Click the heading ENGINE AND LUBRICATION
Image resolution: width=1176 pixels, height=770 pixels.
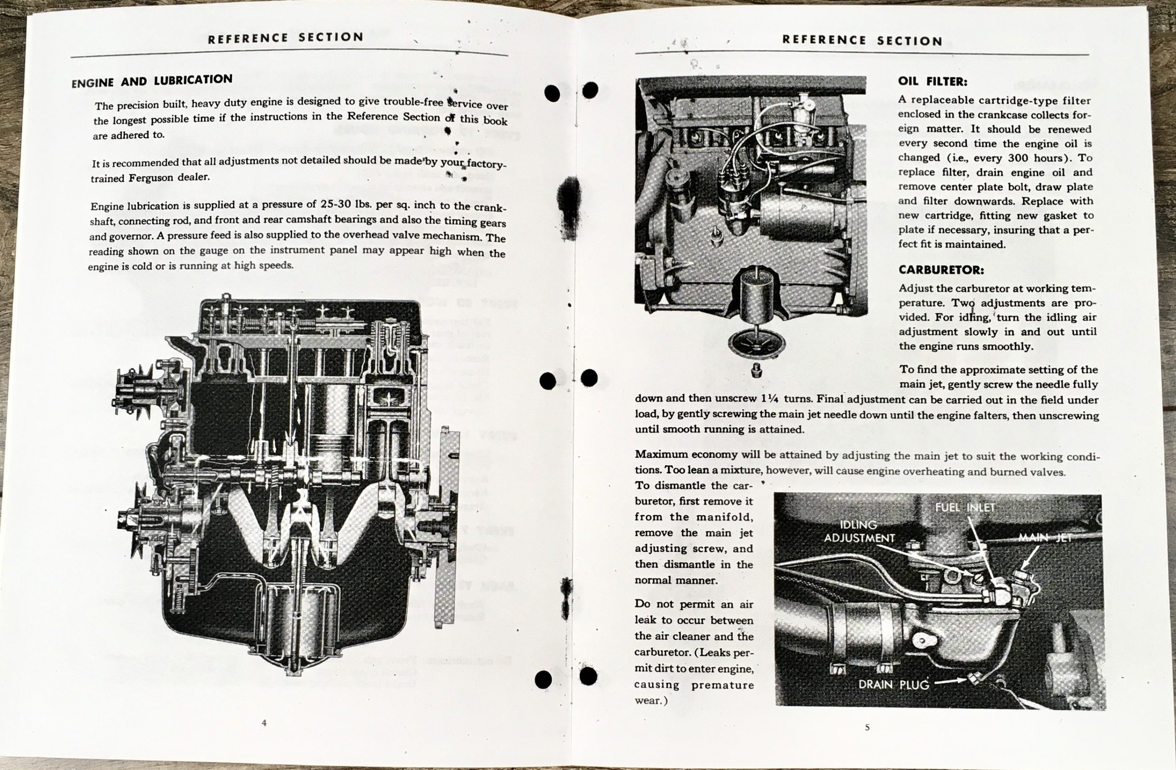[x=152, y=81]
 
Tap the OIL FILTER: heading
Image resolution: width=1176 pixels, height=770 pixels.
[x=933, y=81]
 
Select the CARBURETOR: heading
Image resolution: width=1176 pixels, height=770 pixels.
[x=941, y=270]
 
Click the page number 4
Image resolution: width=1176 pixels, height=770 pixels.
[x=264, y=723]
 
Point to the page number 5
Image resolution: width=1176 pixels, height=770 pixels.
[x=867, y=727]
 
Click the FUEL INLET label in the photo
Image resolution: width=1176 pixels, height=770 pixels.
[x=965, y=507]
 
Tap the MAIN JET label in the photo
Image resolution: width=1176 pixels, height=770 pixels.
[x=1045, y=537]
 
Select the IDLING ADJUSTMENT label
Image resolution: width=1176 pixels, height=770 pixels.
[x=859, y=531]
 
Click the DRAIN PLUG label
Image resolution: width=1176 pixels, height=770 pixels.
[x=893, y=685]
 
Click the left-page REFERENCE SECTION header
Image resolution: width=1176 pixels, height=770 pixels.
[x=286, y=38]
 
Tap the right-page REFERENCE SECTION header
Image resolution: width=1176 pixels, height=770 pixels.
[x=862, y=40]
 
